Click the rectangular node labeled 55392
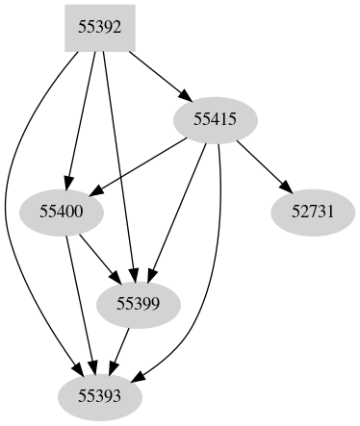click(99, 28)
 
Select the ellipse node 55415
click(216, 119)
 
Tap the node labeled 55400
click(62, 210)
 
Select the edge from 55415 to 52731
click(260, 164)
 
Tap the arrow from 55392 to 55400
click(81, 115)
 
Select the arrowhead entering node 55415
click(182, 94)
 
